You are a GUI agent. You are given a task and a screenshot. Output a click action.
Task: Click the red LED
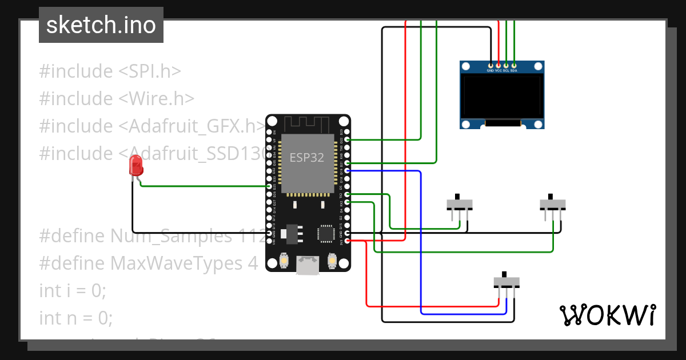(137, 166)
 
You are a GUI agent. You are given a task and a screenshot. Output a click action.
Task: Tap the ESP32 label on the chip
(306, 158)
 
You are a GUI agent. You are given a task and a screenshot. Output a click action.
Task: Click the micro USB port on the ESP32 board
(308, 266)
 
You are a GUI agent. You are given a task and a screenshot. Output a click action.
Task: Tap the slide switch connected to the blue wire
(506, 282)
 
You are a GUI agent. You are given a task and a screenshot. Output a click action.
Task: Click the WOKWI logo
(607, 315)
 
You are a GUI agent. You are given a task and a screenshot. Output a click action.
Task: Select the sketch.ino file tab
(101, 25)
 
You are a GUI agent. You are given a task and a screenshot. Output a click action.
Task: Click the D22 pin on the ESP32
(347, 139)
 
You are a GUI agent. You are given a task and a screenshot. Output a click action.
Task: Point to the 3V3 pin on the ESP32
(347, 242)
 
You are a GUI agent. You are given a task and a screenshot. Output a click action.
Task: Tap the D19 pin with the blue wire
(347, 170)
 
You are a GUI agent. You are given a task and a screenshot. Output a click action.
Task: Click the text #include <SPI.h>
(110, 71)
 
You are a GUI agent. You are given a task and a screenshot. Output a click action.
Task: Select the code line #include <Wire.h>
(117, 99)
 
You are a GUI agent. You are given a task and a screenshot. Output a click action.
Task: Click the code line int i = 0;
(73, 290)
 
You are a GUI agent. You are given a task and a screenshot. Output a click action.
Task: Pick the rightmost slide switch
(553, 204)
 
